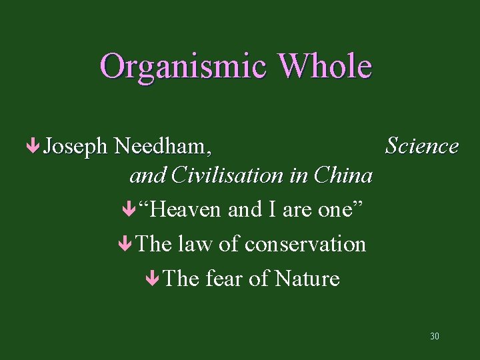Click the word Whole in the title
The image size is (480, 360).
pos(325,65)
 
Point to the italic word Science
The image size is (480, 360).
pos(422,145)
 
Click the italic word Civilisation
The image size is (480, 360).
pos(227,175)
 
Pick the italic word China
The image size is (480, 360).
pos(343,175)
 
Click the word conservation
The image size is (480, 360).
pos(305,245)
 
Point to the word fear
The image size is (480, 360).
pos(223,279)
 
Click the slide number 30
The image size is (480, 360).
pos(435,336)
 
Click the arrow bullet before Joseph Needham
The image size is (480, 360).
pos(33,146)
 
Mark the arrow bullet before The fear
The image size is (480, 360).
pos(153,279)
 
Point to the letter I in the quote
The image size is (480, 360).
pos(272,210)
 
